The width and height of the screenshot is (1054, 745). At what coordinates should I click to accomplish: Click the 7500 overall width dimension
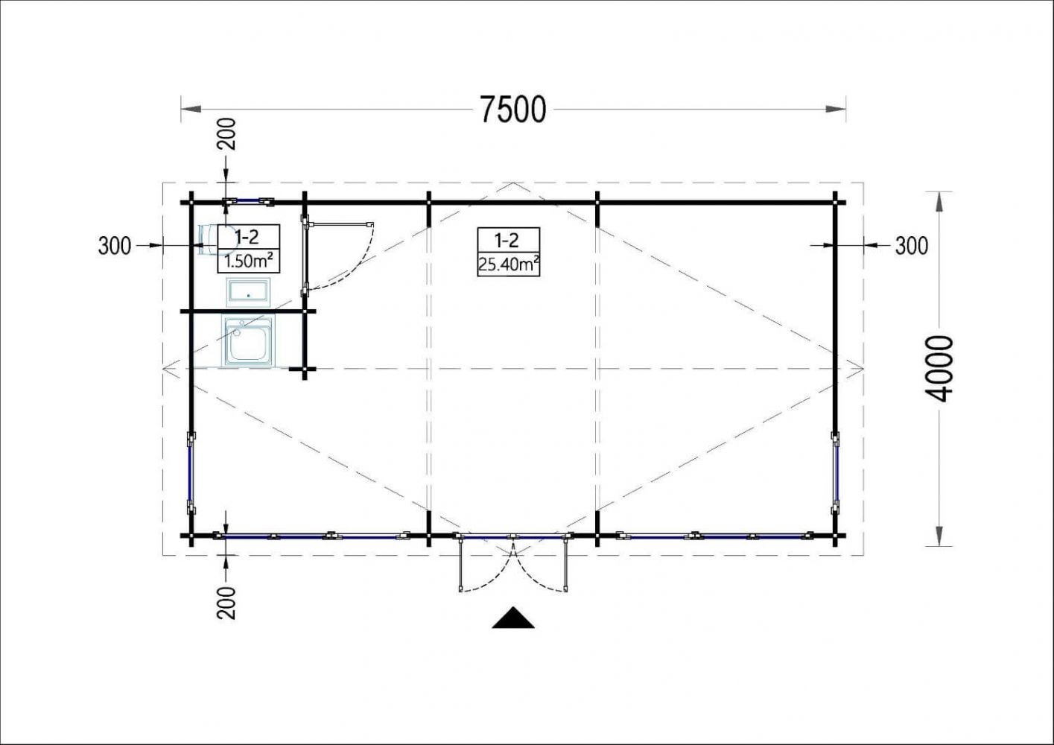[x=513, y=110]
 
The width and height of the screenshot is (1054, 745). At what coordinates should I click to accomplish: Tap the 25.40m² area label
[x=508, y=265]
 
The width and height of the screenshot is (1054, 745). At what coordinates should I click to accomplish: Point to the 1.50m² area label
[x=249, y=261]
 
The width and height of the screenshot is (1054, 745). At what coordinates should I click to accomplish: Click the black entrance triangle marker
[x=513, y=618]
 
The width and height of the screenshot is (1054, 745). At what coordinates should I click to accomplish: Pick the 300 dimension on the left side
[x=115, y=246]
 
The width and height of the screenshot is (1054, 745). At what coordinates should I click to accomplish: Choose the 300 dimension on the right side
[x=912, y=246]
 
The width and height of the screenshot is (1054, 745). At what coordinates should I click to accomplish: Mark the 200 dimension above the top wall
[x=226, y=133]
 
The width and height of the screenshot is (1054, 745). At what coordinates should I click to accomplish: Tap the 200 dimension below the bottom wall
[x=226, y=603]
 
